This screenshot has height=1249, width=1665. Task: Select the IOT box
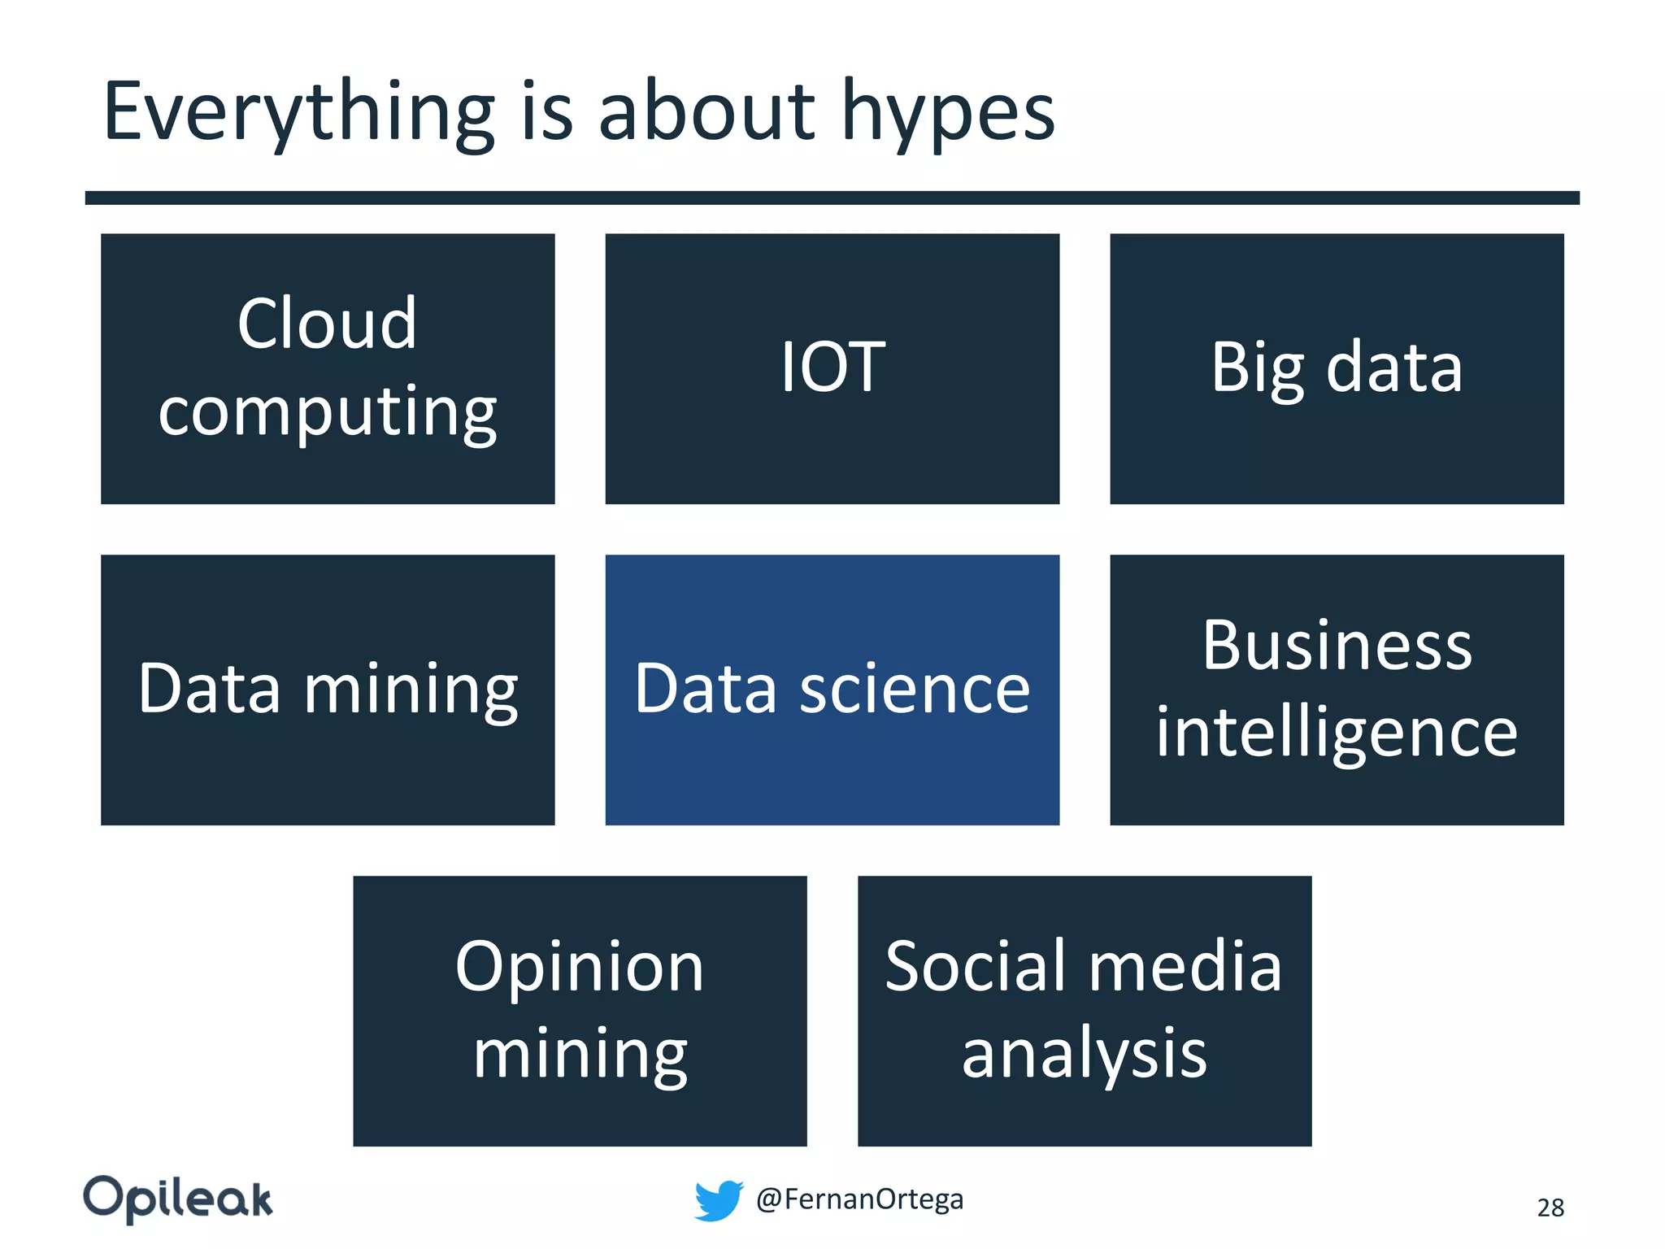point(832,368)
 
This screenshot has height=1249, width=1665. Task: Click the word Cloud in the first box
point(327,324)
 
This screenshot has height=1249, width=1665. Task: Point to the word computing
point(327,412)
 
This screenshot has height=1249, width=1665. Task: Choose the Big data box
point(1337,368)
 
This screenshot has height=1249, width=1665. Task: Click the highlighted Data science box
point(832,690)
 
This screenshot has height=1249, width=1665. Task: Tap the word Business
point(1337,646)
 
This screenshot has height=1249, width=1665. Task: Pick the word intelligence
point(1337,732)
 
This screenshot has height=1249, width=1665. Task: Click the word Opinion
point(580,967)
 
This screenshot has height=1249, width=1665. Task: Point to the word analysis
point(1085,1054)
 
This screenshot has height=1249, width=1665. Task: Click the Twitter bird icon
point(719,1200)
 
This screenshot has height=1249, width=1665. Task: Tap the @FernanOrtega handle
point(859,1199)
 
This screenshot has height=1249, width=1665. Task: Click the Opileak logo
point(178,1199)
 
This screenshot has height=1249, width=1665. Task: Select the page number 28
point(1550,1208)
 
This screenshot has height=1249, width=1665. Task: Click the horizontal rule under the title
point(832,198)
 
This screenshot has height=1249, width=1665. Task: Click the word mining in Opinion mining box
point(580,1054)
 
